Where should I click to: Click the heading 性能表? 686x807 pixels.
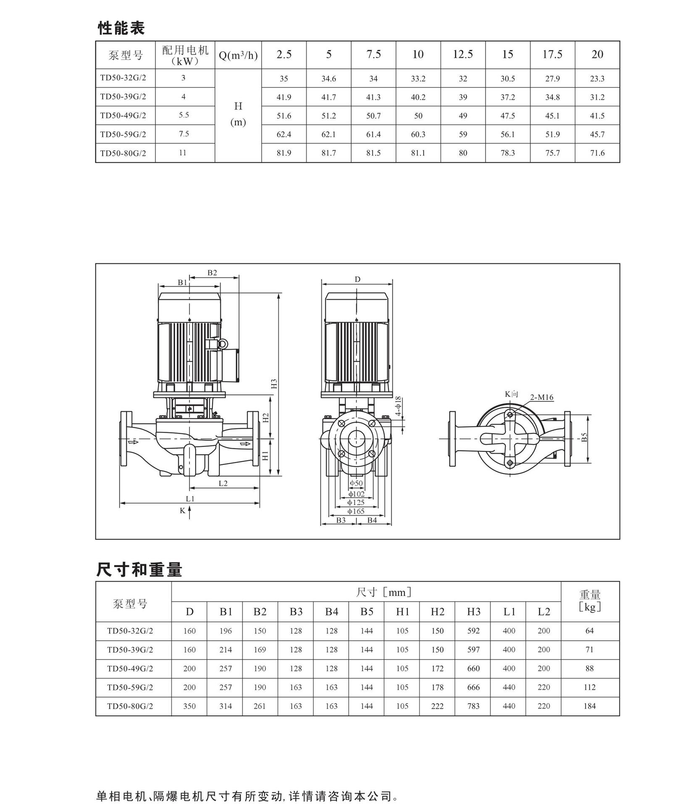(x=121, y=28)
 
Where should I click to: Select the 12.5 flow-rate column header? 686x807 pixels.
(x=463, y=54)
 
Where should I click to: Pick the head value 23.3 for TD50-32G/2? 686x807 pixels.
(x=597, y=79)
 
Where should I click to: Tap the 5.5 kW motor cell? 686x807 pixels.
(x=184, y=115)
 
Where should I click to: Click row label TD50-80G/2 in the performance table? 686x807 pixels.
(x=123, y=153)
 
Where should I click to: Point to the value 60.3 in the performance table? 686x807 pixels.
(x=418, y=134)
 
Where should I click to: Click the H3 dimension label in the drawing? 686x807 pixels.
(x=274, y=384)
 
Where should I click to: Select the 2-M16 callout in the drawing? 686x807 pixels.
(x=541, y=397)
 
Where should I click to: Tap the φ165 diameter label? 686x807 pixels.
(x=356, y=512)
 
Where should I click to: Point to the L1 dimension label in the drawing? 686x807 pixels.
(x=190, y=499)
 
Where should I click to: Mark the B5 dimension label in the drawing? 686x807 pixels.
(x=584, y=438)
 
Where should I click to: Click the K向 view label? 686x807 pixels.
(x=511, y=394)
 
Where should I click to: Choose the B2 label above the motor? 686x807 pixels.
(x=212, y=273)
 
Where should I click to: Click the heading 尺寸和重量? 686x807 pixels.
(x=139, y=570)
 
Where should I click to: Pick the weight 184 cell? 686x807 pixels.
(x=589, y=706)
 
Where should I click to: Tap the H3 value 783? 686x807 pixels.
(x=473, y=706)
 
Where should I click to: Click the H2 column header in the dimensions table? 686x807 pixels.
(x=437, y=612)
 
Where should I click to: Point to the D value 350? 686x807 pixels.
(x=189, y=706)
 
